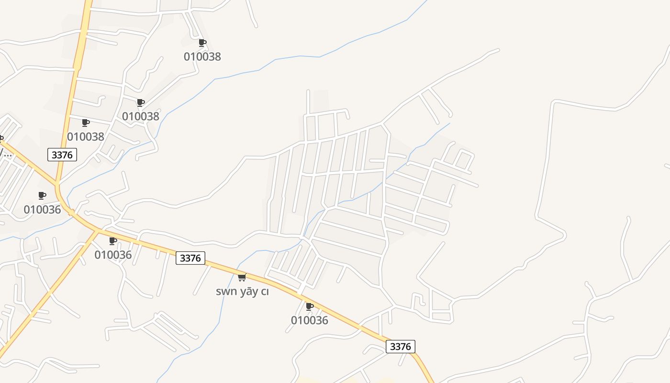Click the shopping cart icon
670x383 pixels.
coord(242,277)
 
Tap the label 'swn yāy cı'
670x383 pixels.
coord(242,291)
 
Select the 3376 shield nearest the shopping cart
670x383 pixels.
coord(190,258)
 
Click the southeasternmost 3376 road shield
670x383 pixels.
coord(400,346)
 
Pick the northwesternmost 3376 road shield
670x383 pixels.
coord(62,155)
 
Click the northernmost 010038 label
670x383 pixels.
coord(202,56)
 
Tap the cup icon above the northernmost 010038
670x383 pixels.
coord(202,43)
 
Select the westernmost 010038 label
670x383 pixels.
coord(86,136)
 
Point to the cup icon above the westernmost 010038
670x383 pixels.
coord(86,123)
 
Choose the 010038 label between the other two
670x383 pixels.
coord(141,116)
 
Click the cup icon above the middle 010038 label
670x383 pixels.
coord(141,102)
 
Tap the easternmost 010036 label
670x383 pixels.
coord(310,320)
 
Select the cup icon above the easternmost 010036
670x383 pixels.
coord(310,306)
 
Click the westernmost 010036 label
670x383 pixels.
coord(43,209)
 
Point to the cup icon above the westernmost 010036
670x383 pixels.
coord(42,195)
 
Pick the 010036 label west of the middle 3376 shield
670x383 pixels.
coord(113,254)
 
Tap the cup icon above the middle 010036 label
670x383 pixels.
coord(113,241)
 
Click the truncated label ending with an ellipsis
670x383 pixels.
coord(6,153)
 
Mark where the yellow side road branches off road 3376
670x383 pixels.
coord(98,231)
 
